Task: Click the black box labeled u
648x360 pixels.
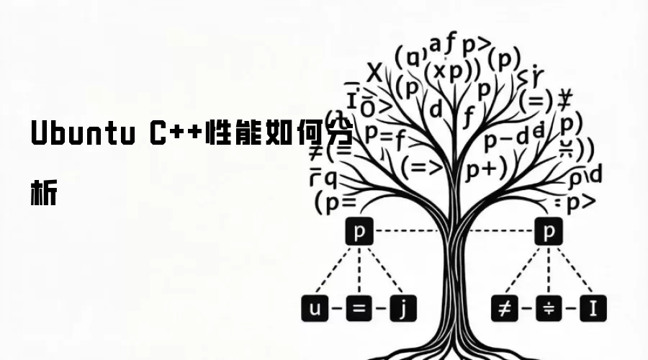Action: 315,310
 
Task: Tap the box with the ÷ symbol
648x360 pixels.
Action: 549,310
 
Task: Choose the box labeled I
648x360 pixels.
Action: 593,310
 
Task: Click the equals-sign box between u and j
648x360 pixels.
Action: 359,310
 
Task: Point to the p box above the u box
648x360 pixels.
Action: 359,232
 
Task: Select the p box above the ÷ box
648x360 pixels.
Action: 549,232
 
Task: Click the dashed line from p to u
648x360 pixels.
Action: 336,271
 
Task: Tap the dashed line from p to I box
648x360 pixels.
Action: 572,271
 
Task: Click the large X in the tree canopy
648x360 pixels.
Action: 374,73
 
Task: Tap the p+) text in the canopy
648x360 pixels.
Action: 486,168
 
